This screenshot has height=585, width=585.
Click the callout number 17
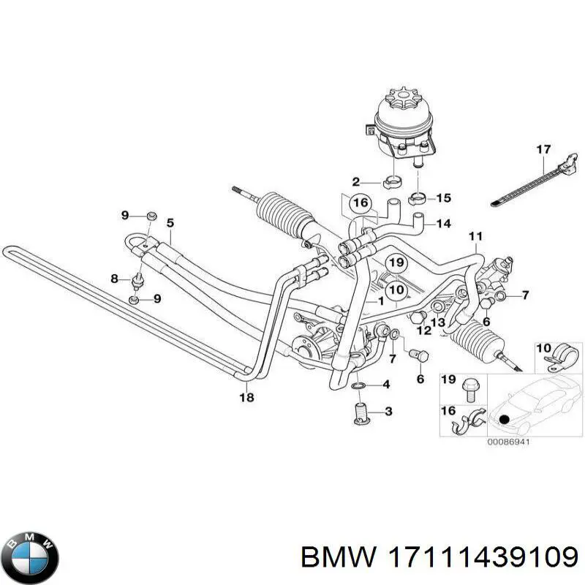pyautogui.click(x=543, y=150)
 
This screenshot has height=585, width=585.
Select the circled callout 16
pyautogui.click(x=361, y=203)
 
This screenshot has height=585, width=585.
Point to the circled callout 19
pyautogui.click(x=396, y=263)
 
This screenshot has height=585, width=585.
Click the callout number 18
pyautogui.click(x=246, y=398)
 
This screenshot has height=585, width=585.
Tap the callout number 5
pyautogui.click(x=170, y=224)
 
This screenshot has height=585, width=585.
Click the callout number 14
pyautogui.click(x=444, y=224)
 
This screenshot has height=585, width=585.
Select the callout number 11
pyautogui.click(x=476, y=236)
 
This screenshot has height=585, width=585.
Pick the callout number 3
pyautogui.click(x=388, y=412)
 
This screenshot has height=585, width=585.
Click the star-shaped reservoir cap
pyautogui.click(x=404, y=98)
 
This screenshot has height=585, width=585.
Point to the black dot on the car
pyautogui.click(x=505, y=419)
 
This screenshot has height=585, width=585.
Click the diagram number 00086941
pyautogui.click(x=509, y=442)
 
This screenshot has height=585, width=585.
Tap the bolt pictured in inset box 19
pyautogui.click(x=469, y=390)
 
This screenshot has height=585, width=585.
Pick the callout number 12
pyautogui.click(x=424, y=331)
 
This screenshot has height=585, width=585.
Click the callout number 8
pyautogui.click(x=115, y=279)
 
